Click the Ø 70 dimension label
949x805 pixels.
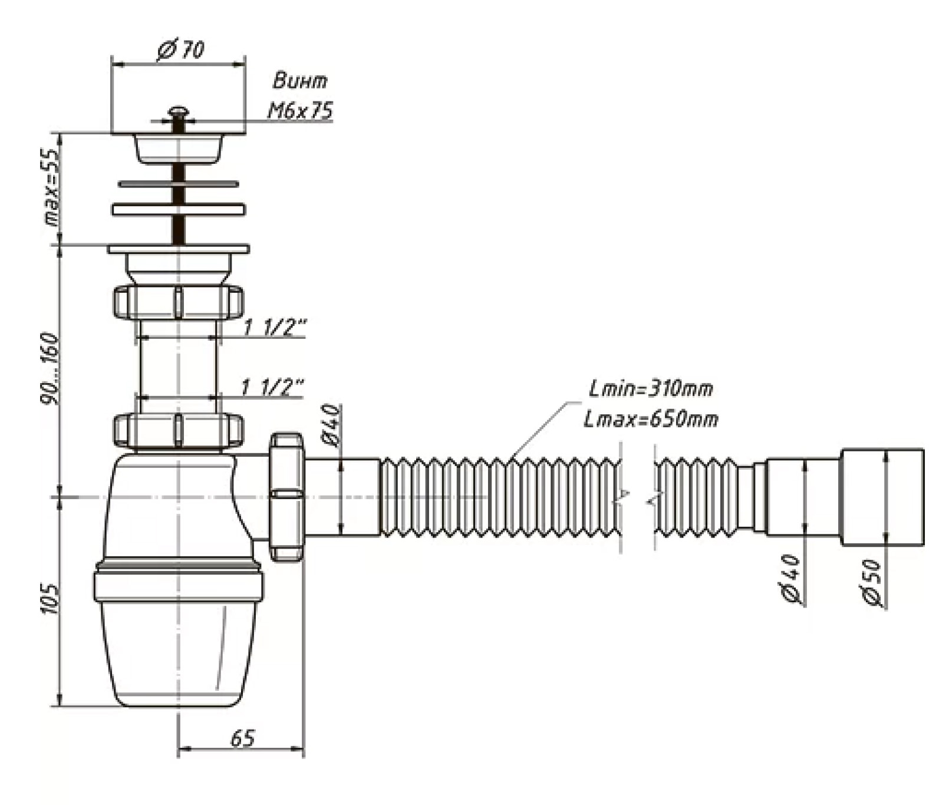(181, 50)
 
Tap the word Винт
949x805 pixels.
(300, 81)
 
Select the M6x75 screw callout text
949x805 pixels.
(301, 110)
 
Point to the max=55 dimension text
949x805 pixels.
(52, 187)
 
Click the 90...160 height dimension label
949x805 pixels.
(50, 369)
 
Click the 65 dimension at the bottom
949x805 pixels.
(242, 738)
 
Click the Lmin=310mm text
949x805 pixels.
(651, 388)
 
